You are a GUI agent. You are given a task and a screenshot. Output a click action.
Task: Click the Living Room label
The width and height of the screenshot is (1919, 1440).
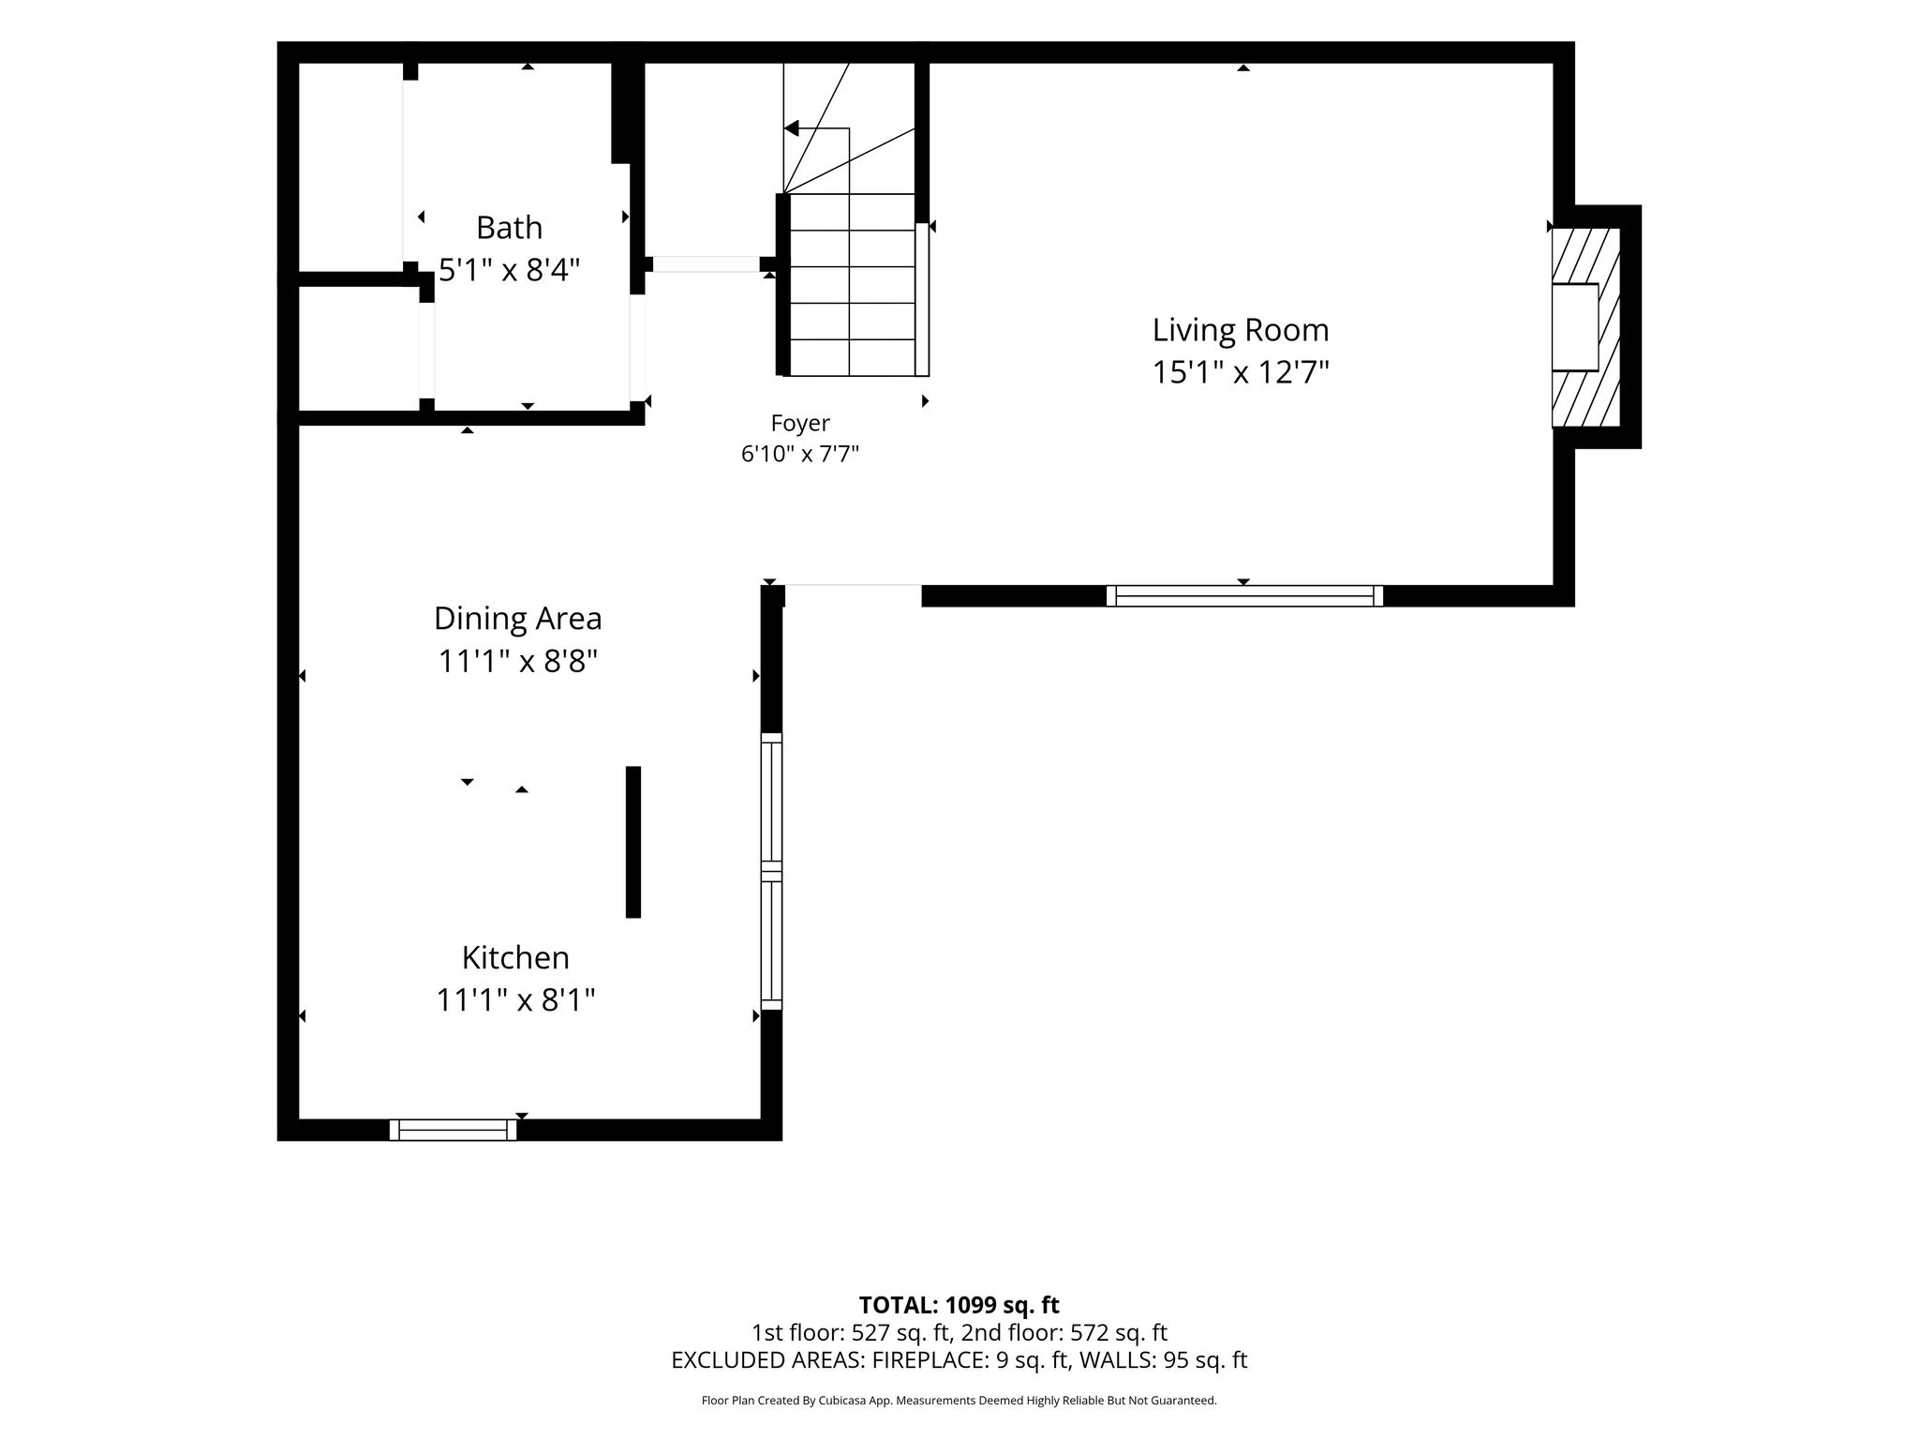(1241, 330)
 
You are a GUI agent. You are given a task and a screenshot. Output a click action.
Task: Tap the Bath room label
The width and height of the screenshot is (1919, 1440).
(509, 228)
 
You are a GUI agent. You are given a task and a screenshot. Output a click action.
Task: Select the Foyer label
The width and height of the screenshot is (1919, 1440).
(800, 424)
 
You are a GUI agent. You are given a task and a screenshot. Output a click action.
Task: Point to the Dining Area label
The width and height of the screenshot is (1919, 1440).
(517, 619)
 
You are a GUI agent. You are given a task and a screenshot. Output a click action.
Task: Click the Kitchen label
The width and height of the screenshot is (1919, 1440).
(515, 958)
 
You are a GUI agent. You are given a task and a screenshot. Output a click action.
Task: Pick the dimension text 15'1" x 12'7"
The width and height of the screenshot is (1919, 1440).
(1241, 373)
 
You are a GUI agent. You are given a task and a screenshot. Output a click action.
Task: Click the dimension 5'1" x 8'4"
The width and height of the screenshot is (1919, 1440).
(510, 271)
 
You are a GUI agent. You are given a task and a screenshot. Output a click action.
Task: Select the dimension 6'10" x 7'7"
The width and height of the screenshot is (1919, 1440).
(800, 455)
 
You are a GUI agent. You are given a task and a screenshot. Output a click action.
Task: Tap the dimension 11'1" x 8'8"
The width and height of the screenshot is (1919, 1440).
(518, 662)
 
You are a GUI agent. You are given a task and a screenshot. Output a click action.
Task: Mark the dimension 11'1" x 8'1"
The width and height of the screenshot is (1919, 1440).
(516, 1001)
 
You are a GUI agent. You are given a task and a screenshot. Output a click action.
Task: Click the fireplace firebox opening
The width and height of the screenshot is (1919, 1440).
(1575, 327)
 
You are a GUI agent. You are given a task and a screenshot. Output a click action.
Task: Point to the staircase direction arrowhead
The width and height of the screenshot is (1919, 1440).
(792, 128)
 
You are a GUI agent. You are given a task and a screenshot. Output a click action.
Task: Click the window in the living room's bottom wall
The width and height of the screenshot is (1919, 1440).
(1244, 596)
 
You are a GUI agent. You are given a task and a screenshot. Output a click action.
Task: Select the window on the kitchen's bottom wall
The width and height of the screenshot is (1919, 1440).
(453, 1130)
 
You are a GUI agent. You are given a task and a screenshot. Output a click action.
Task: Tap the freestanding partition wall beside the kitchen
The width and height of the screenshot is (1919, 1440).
(633, 842)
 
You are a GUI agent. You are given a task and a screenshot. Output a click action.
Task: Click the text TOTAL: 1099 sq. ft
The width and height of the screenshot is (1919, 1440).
(959, 1305)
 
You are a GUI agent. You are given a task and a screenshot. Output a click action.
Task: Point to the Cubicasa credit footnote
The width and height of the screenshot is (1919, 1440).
(959, 1401)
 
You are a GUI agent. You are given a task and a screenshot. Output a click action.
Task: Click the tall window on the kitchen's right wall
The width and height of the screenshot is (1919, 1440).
(771, 871)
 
